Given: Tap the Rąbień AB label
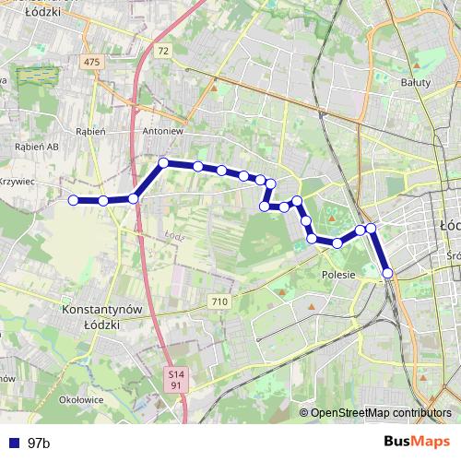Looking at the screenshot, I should (37, 146).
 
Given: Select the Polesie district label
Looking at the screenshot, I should (338, 275).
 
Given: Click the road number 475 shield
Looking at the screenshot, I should (90, 61).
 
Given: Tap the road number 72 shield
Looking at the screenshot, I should (163, 51).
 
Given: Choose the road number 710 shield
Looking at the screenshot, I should (219, 301).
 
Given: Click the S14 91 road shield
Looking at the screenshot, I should (176, 380).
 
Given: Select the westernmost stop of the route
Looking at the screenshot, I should (73, 199).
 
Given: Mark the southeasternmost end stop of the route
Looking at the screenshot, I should (388, 272).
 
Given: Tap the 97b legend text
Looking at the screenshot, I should (39, 443).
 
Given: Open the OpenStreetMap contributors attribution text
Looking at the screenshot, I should (381, 413).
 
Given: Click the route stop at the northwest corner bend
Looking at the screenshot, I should (163, 163).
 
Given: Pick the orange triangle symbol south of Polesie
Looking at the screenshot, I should (312, 305).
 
